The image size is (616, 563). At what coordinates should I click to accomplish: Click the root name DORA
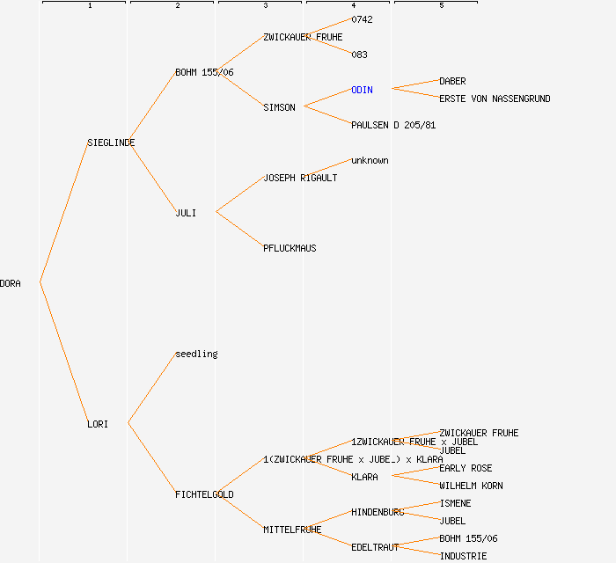(11, 283)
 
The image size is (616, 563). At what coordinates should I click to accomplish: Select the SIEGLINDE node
(111, 143)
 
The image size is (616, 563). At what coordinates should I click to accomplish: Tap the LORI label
(98, 424)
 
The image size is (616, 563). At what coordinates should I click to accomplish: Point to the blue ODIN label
(362, 90)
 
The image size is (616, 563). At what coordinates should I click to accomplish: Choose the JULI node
(186, 213)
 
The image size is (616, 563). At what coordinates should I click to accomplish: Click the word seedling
(196, 354)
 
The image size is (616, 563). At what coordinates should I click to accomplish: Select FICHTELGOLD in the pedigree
(204, 494)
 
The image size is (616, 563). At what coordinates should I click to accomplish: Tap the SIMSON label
(279, 107)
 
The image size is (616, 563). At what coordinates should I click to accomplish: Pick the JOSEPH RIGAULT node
(300, 178)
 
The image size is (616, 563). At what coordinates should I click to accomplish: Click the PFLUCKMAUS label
(290, 248)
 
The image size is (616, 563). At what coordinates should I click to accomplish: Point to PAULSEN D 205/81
(393, 125)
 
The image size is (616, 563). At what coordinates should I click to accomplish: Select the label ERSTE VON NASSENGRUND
(495, 99)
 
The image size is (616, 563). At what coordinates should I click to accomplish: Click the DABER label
(452, 81)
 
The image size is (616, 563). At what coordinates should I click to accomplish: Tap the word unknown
(370, 160)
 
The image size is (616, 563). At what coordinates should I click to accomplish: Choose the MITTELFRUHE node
(292, 530)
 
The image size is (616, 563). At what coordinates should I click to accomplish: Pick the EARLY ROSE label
(466, 468)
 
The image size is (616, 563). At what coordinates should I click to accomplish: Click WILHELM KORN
(471, 486)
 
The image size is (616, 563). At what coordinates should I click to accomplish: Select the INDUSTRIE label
(463, 556)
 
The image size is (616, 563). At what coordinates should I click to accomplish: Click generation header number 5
(441, 6)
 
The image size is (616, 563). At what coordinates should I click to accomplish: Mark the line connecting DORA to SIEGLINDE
(63, 213)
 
